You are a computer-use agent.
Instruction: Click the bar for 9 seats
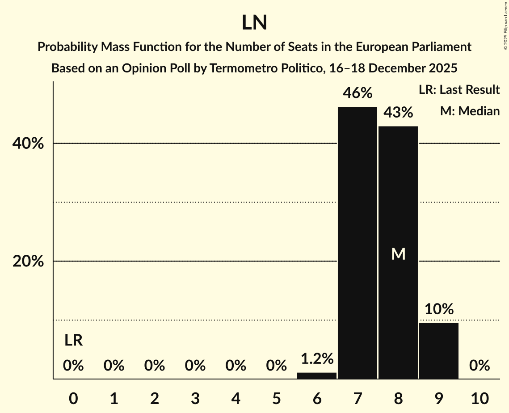tap(439, 351)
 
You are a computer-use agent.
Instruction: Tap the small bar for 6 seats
tap(317, 375)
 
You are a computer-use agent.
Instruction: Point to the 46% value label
tap(357, 93)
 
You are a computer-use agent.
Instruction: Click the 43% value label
tap(398, 113)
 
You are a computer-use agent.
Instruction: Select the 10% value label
tap(439, 309)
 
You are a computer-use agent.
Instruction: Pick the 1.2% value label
tap(317, 358)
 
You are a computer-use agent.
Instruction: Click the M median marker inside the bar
tap(398, 254)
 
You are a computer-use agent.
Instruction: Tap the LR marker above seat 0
tap(73, 341)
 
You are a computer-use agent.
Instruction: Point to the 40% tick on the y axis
tap(28, 144)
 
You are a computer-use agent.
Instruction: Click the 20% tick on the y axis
tap(28, 261)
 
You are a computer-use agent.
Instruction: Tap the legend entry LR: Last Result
tap(459, 90)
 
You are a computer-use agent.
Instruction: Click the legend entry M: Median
tap(469, 111)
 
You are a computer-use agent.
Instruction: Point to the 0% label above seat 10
tap(480, 366)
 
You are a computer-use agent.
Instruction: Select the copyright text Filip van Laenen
tap(505, 18)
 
